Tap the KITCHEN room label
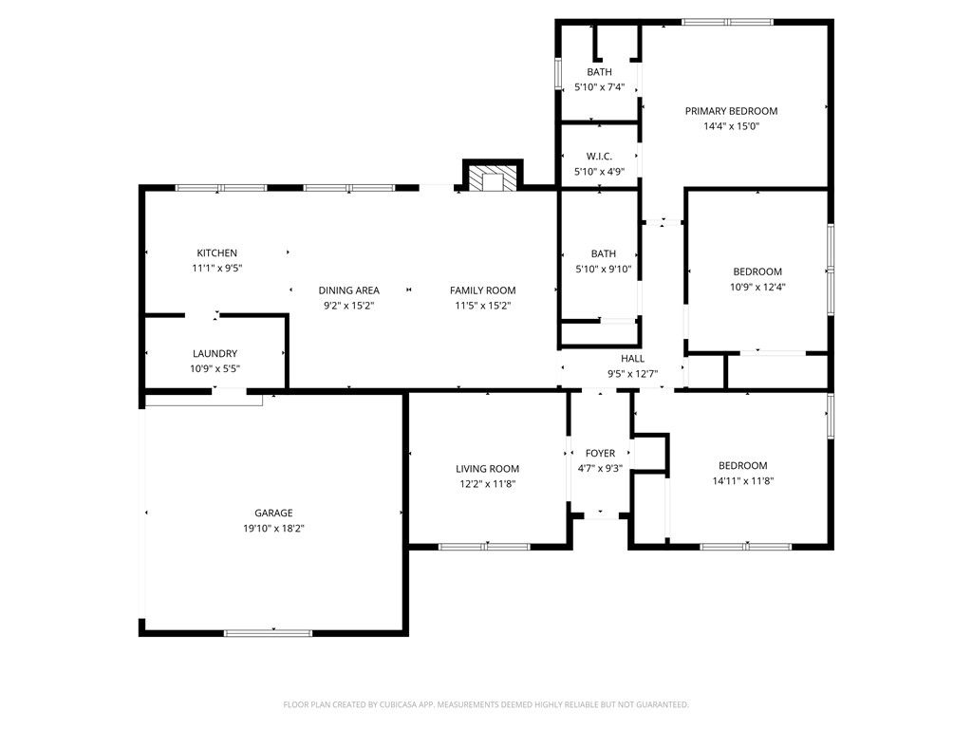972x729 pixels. [x=216, y=252]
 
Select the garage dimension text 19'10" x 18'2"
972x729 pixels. [x=272, y=529]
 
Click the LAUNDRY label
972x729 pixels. [x=215, y=354]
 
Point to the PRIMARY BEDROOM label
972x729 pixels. [x=731, y=111]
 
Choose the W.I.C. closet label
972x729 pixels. [x=599, y=157]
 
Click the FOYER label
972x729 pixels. [x=600, y=454]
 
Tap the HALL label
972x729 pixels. [x=632, y=359]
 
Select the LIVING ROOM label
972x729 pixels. [x=487, y=469]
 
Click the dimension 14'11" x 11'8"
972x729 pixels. [x=742, y=481]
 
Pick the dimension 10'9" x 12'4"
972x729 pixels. [x=757, y=287]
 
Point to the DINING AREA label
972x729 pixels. [x=348, y=290]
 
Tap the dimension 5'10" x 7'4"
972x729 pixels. [x=599, y=87]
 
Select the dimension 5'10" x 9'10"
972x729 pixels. [x=603, y=269]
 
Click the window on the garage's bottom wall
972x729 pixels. [x=268, y=632]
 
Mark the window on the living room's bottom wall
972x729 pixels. [x=484, y=547]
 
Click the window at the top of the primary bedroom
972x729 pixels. [x=727, y=22]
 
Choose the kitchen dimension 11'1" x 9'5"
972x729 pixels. [x=216, y=268]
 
